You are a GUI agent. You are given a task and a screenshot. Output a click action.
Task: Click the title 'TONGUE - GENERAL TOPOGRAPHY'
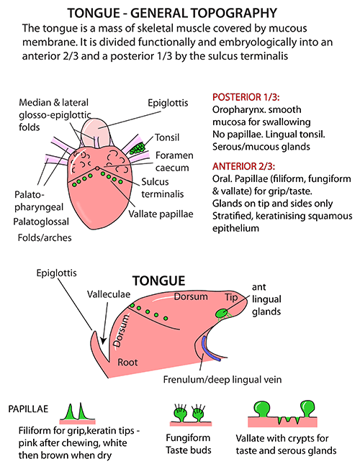(172, 13)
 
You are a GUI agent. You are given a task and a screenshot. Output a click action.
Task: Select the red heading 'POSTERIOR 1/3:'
(246, 97)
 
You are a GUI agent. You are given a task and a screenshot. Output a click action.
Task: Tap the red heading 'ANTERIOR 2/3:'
(244, 166)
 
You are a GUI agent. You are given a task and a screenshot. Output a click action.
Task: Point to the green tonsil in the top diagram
(138, 148)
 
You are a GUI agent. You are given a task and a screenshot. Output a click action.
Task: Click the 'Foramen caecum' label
(174, 162)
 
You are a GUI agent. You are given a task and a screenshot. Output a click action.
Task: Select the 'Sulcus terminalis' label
(162, 188)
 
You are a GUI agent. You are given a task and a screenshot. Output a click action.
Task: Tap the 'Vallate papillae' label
(161, 214)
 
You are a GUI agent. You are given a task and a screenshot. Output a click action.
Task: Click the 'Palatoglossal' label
(41, 222)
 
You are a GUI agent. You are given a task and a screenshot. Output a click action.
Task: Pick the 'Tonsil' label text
(167, 137)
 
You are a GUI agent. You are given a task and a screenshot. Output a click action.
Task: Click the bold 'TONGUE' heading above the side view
(158, 281)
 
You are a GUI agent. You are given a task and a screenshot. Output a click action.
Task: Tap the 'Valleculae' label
(109, 294)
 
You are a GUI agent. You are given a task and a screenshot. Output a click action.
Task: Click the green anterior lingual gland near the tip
(222, 313)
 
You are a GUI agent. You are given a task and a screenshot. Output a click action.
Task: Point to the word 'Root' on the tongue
(127, 363)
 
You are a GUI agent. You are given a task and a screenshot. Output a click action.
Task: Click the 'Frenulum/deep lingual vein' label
(222, 380)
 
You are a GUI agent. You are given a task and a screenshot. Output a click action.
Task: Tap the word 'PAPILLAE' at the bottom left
(28, 409)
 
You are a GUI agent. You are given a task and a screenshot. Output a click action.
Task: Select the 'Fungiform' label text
(188, 437)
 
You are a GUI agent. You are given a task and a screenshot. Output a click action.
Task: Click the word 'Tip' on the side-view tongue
(231, 297)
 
